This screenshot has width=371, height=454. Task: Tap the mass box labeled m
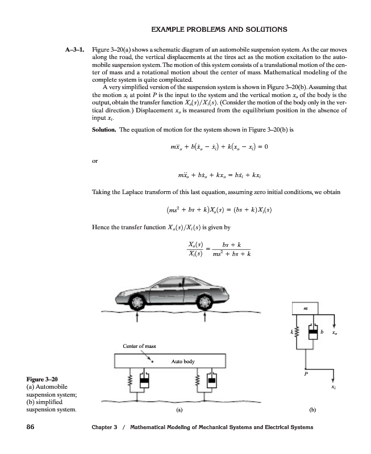[306, 308]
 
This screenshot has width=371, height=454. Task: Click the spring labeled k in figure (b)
[295, 331]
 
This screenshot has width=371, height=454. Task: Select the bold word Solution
[104, 130]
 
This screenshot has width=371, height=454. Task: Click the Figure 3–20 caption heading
[43, 377]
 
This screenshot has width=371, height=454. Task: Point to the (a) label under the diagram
[179, 409]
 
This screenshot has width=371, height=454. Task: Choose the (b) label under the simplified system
[311, 409]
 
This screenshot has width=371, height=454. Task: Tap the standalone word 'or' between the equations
[95, 161]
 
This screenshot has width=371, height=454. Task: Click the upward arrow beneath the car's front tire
[137, 316]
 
